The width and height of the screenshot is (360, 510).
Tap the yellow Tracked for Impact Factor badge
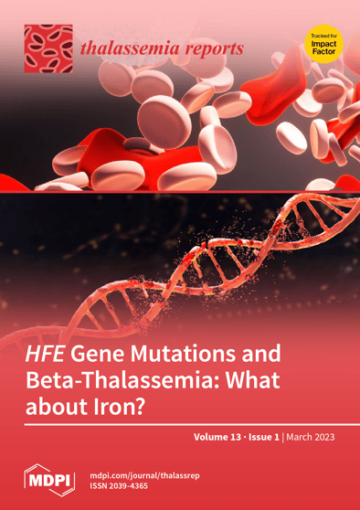pyautogui.click(x=323, y=43)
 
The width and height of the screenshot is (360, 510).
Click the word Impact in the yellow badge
pyautogui.click(x=323, y=43)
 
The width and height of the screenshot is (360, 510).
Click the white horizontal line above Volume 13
pyautogui.click(x=180, y=424)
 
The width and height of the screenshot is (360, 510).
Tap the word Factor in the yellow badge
pyautogui.click(x=323, y=51)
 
